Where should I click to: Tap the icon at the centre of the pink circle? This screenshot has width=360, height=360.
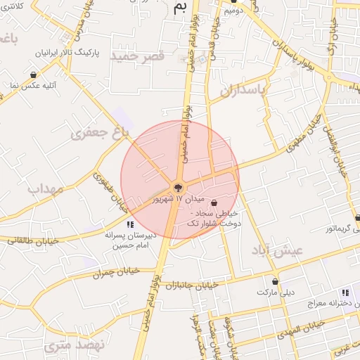[179, 187]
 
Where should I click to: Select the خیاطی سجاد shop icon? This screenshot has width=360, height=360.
[214, 203]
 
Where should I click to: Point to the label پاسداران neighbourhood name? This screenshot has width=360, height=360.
[243, 90]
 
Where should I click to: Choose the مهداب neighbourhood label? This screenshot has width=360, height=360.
[45, 189]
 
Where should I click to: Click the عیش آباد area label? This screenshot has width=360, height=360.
[278, 250]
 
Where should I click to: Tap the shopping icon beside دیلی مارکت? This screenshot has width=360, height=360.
[274, 281]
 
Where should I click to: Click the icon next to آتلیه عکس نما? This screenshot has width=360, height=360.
[33, 74]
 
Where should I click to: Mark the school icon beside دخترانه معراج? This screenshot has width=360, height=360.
[345, 292]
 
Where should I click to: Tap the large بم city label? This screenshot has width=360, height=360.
[181, 8]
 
